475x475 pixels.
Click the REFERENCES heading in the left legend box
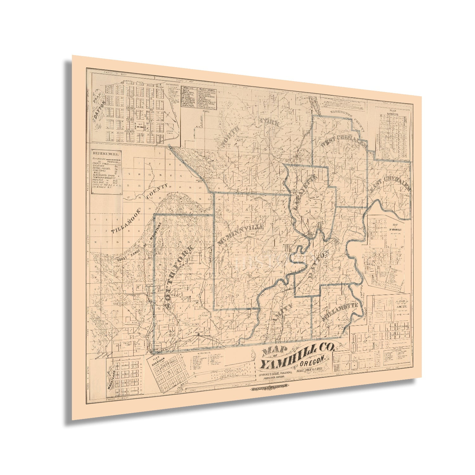[106, 154]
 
